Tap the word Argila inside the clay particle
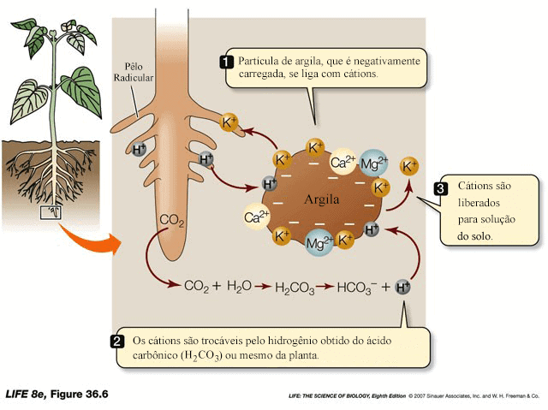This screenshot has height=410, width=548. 322,199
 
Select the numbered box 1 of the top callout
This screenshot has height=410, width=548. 227,61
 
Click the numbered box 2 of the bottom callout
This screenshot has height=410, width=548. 116,341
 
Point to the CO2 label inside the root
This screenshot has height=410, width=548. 172,221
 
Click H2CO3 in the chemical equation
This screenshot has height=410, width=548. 294,288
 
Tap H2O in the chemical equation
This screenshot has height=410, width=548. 239,287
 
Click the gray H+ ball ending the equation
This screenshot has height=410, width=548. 403,287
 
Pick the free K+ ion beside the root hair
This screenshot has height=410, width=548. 230,122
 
